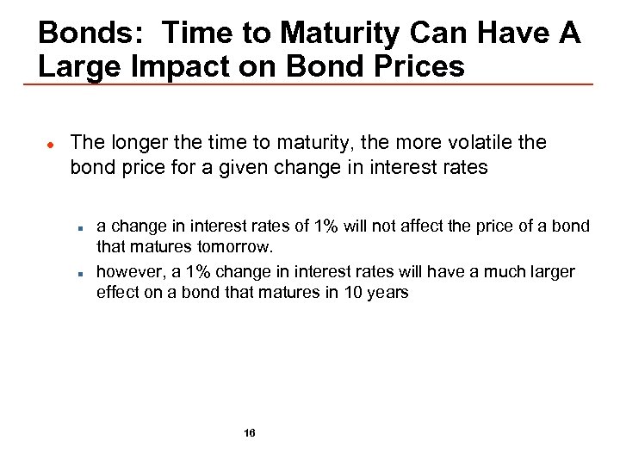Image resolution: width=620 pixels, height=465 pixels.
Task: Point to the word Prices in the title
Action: pos(414,66)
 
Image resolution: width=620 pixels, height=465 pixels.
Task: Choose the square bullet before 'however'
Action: pos(78,273)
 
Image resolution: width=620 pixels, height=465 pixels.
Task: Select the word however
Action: pos(128,272)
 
